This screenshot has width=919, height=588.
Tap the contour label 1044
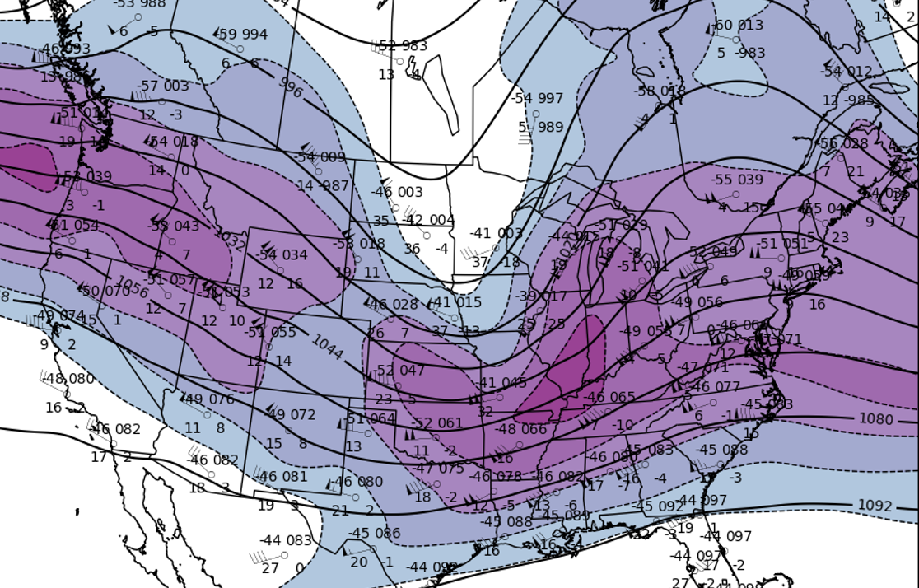[x=327, y=347]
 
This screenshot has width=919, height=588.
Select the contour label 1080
[x=875, y=419]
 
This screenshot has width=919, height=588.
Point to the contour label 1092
[x=875, y=506]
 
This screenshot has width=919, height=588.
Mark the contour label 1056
[x=133, y=287]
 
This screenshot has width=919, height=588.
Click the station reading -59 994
[x=243, y=35]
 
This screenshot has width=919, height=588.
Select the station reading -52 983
[x=403, y=46]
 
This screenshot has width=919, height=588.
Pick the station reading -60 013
[x=738, y=26]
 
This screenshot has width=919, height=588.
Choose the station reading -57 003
[x=162, y=86]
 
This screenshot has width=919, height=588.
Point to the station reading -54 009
[x=320, y=157]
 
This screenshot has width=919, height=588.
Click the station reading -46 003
[x=397, y=192]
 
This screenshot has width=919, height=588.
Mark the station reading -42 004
[x=430, y=220]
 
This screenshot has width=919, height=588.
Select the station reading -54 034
[x=282, y=255]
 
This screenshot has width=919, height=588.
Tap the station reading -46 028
[x=393, y=305]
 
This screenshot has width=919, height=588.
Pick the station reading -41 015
[x=457, y=303]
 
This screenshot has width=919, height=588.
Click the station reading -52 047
[x=400, y=371]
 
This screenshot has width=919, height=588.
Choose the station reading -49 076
[x=208, y=399]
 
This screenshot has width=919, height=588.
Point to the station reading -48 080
[x=69, y=379]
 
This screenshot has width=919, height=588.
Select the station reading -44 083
[x=286, y=540]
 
